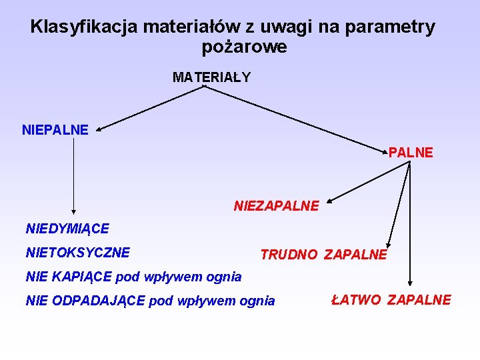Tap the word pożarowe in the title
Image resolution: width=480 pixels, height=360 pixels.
tap(244, 47)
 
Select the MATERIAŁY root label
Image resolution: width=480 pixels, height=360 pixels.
tap(211, 77)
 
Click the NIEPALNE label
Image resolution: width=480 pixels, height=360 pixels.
tap(55, 130)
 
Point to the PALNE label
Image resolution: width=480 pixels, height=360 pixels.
tap(411, 153)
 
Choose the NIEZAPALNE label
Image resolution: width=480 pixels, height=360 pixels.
tap(276, 206)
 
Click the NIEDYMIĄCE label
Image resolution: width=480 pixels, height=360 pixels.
tap(67, 229)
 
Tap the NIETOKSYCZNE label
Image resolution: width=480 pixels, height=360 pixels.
tap(77, 253)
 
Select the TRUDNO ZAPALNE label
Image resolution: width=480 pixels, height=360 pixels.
tap(323, 255)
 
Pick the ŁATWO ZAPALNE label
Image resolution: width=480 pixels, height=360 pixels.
tap(391, 300)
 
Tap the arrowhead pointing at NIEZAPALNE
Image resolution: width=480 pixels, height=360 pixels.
tap(331, 199)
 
